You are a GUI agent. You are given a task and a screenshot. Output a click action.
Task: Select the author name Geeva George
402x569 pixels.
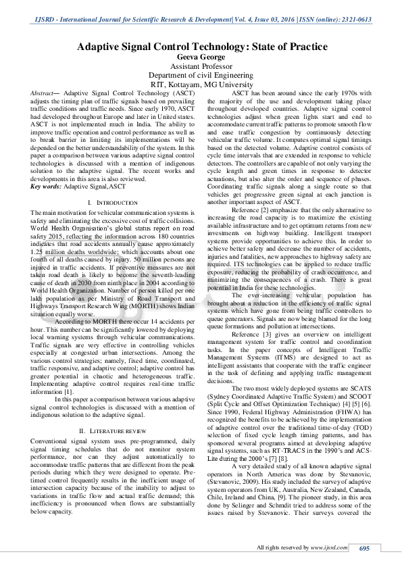(200, 57)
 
